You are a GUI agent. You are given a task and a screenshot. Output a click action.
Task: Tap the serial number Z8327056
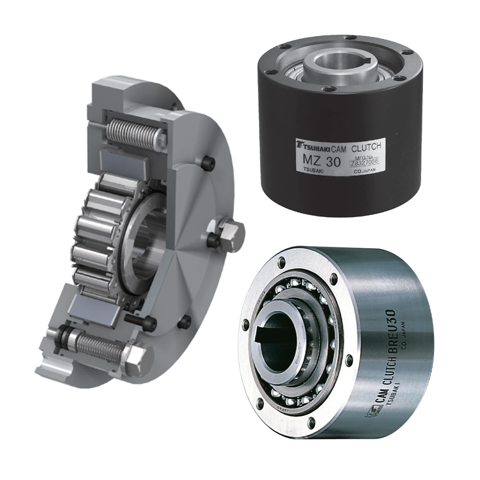pyautogui.click(x=364, y=162)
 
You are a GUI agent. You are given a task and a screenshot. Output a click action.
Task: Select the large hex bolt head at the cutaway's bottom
pyautogui.click(x=137, y=361)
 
